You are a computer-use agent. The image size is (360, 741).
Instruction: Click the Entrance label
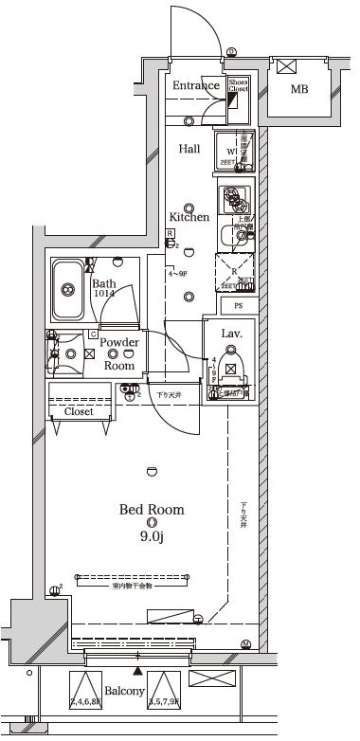196,86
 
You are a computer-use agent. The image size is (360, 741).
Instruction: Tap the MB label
298,90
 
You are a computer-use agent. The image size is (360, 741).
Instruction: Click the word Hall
189,149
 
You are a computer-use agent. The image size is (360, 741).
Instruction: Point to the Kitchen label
189,217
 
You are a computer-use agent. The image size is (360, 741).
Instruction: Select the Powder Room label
119,353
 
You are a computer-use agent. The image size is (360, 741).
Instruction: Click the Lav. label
232,334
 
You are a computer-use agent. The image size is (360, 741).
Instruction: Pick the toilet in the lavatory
230,370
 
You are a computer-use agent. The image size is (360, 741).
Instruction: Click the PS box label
238,305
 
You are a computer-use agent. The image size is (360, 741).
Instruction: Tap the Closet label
79,411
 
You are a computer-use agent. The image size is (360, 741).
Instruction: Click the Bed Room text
152,510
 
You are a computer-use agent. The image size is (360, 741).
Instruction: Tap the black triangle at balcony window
139,671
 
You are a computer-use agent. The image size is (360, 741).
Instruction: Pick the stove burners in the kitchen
233,200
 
